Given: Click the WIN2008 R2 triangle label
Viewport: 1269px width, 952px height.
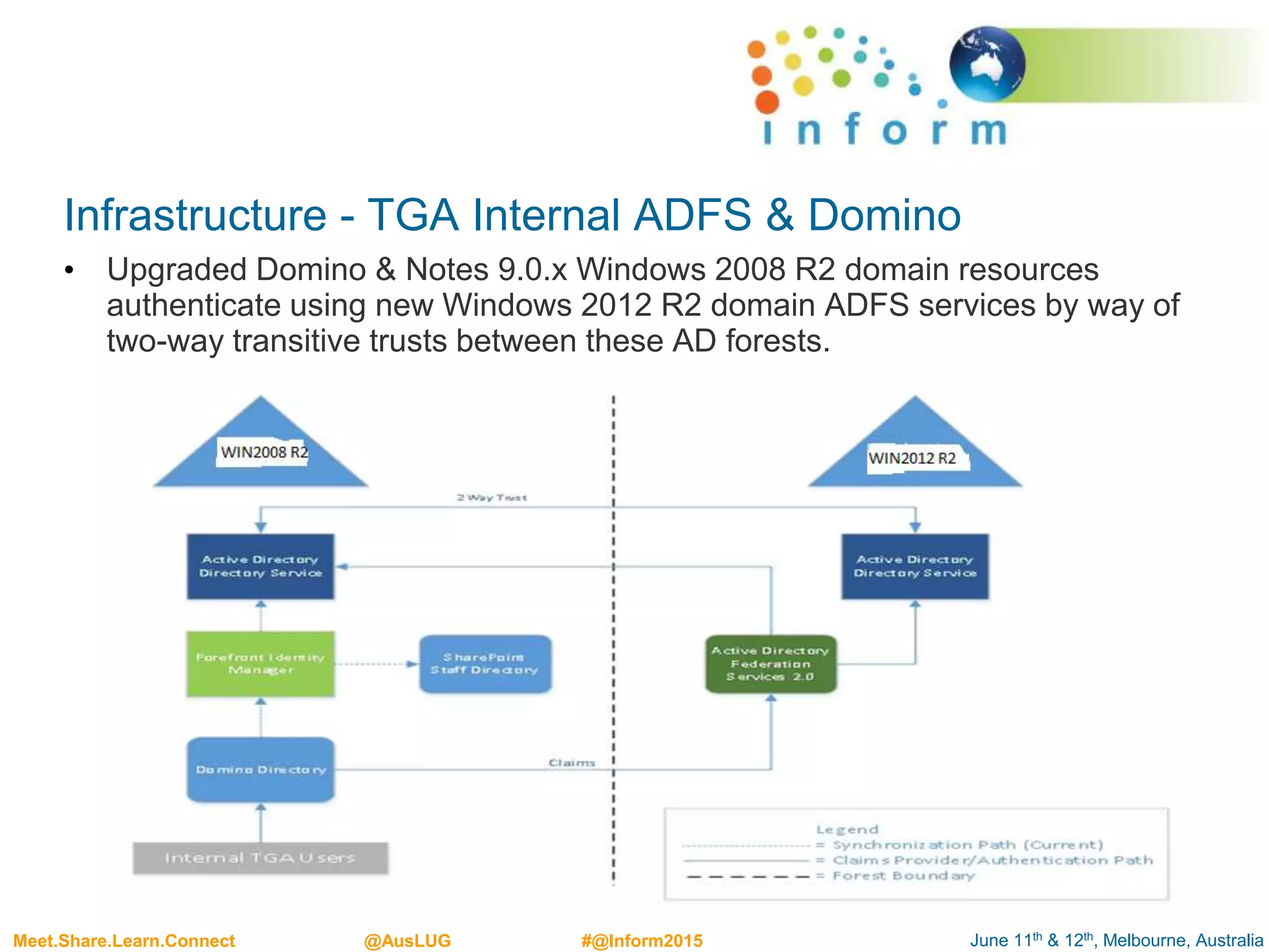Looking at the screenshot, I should (x=264, y=452).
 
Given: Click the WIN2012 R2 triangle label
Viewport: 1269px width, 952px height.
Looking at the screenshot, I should (x=912, y=459).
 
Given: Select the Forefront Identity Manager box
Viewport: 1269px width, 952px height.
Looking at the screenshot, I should (x=260, y=664).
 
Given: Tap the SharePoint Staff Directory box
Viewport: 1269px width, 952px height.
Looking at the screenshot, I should (x=485, y=664).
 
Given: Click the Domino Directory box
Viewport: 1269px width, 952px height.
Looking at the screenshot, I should (x=260, y=769).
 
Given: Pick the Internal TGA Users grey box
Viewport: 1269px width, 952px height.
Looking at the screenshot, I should (x=260, y=858).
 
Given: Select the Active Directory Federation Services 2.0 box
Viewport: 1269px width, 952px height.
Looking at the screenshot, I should (x=771, y=664).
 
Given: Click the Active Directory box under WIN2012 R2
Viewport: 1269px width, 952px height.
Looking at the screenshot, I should (x=915, y=566).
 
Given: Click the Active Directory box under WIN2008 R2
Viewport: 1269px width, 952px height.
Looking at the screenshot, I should (x=260, y=566).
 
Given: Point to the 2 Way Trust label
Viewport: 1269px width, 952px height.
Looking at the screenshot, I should (x=492, y=497).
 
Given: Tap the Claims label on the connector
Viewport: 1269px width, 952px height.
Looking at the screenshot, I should (x=571, y=762).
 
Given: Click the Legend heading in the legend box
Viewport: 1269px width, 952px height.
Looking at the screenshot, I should (x=847, y=829).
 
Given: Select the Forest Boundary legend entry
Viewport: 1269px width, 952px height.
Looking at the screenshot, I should (x=903, y=876).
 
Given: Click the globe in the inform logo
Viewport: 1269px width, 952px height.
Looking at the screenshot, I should (x=986, y=64).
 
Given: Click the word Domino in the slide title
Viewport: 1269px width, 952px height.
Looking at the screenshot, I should (x=884, y=215).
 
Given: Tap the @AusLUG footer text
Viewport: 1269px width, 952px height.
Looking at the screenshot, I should (x=407, y=940).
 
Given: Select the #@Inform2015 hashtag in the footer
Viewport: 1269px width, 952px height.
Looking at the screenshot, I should (x=642, y=940).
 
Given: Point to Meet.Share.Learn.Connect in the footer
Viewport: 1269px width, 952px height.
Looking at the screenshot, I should (x=124, y=940).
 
